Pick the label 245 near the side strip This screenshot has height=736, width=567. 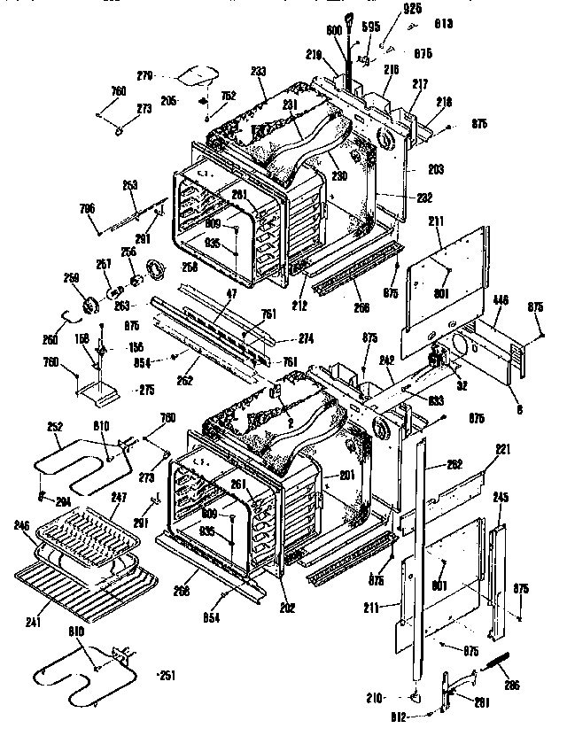[x=501, y=498]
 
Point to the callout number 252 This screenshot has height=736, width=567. [x=55, y=426]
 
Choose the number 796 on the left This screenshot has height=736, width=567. [x=87, y=208]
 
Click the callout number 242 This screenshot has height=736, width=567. [x=387, y=360]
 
